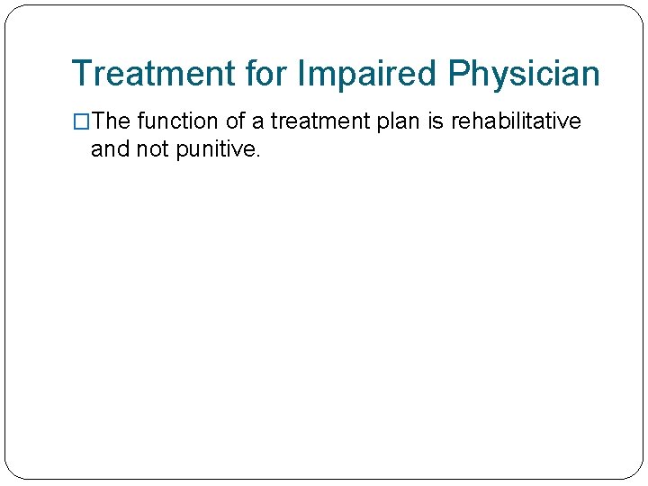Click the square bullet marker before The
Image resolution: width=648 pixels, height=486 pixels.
point(81,121)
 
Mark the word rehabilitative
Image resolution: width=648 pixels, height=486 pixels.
point(516,121)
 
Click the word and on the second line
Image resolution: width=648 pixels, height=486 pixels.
point(110,149)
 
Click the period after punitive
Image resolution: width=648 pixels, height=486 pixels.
point(258,155)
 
